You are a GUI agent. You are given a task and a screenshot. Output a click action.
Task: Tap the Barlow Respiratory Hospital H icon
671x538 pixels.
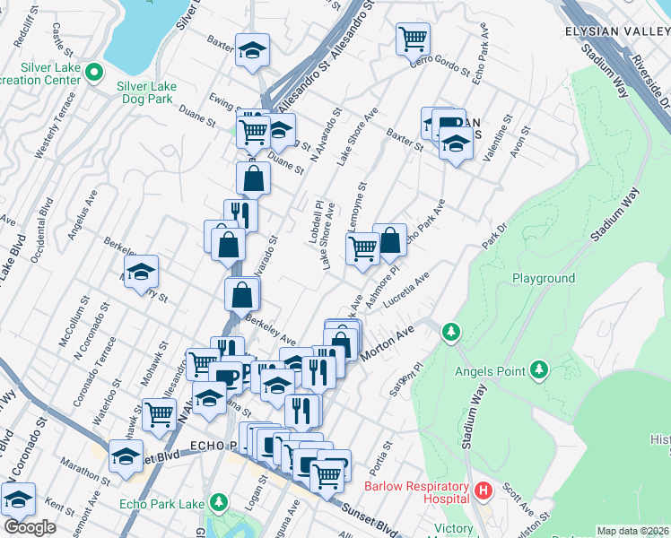484,490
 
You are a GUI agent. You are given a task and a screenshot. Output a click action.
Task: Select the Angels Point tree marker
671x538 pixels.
538,369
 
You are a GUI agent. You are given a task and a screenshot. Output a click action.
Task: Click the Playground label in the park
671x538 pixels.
544,278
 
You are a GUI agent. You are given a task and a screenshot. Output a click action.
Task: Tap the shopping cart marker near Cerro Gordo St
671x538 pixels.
413,38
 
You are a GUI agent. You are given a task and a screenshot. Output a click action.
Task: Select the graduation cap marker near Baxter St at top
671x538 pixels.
253,49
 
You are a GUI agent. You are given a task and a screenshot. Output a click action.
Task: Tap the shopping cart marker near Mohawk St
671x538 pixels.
159,413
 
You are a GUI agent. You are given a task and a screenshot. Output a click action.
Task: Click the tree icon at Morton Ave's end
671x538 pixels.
451,333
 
